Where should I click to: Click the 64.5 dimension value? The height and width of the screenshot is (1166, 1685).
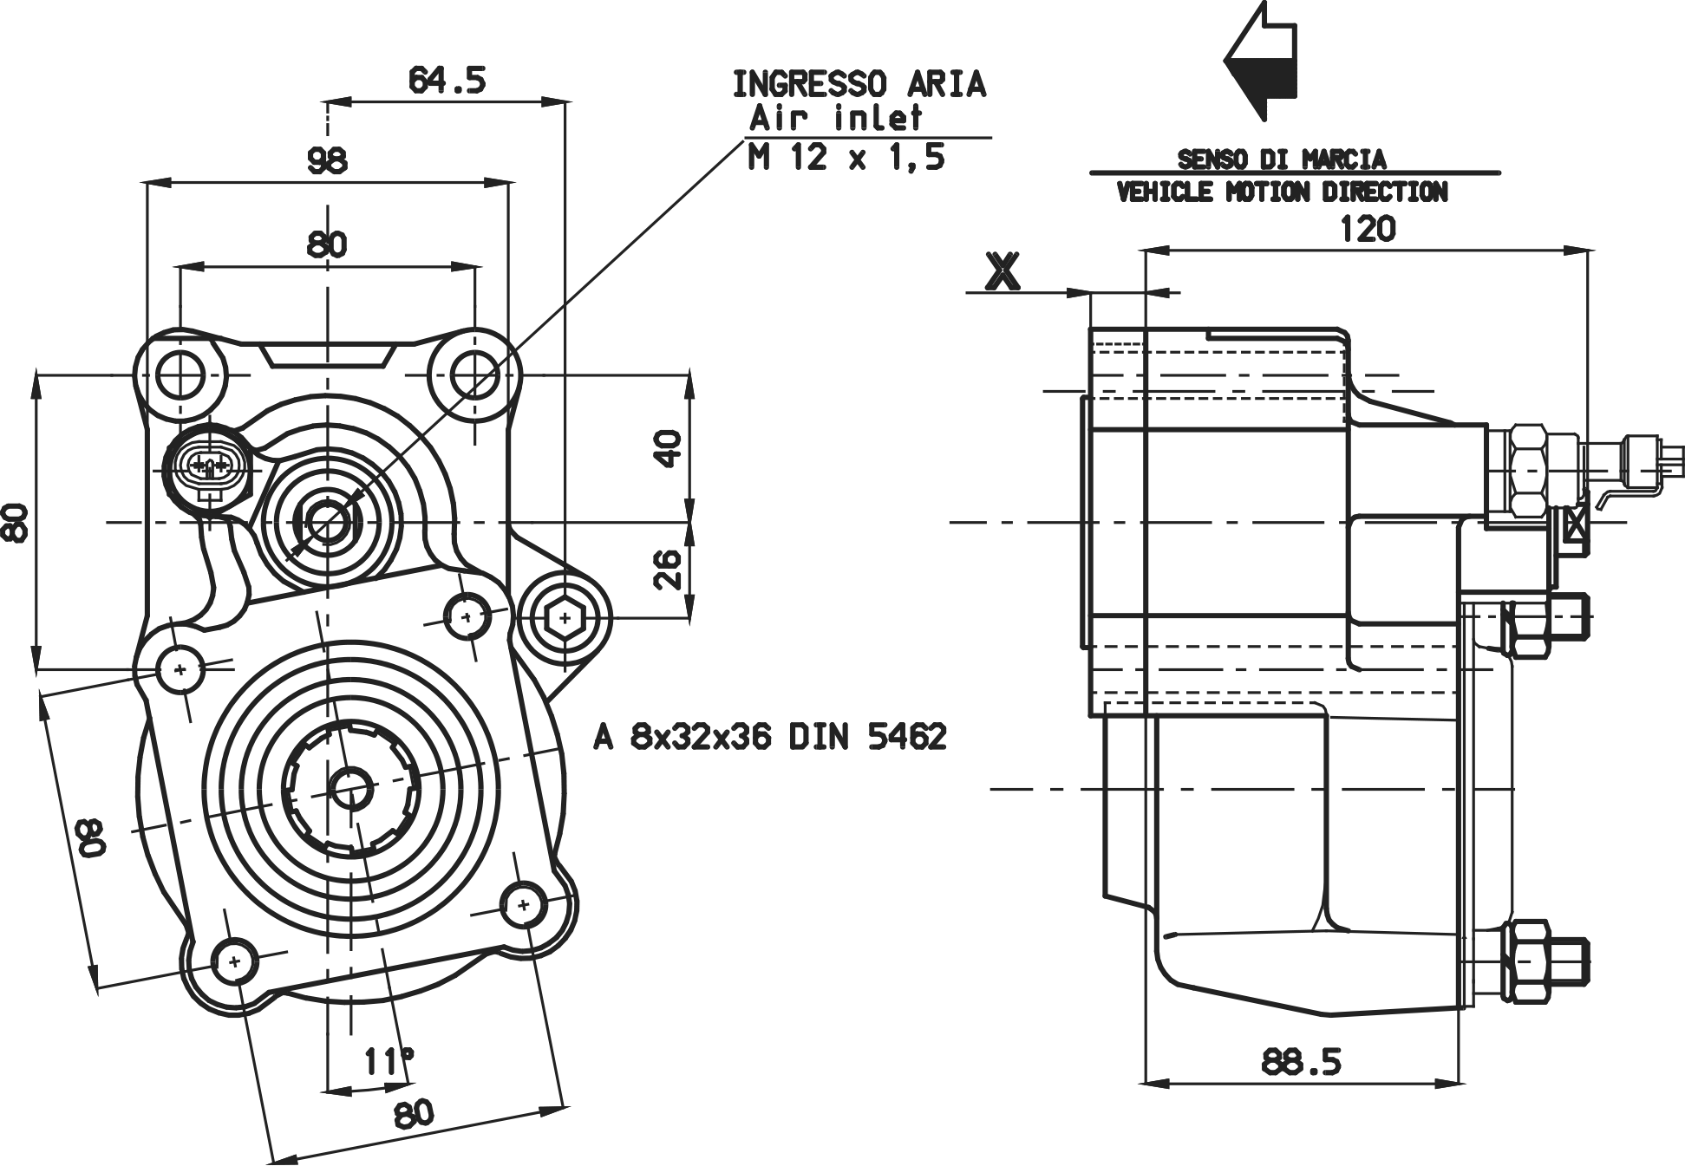[447, 81]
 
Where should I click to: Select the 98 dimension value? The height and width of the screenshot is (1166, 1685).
[327, 160]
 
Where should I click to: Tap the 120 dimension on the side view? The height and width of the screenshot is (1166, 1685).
[1368, 230]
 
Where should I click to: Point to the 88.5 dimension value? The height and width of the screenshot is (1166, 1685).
[1302, 1061]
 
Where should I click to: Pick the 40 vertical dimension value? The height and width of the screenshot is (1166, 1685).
[669, 448]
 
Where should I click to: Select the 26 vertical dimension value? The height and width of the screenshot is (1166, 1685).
[669, 569]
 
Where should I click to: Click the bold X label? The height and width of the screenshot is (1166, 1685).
[1003, 271]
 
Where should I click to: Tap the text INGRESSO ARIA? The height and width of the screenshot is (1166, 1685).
[859, 85]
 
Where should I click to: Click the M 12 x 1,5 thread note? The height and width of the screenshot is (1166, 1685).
[846, 158]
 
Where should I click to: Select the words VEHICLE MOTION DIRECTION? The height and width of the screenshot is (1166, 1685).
[1283, 192]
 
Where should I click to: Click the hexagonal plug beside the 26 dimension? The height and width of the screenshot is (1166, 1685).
[565, 618]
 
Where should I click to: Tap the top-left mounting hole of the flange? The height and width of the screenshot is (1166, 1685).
[180, 375]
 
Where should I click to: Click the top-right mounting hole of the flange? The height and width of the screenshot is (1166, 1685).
[474, 375]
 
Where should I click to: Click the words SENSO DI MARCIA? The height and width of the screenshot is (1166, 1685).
[1281, 160]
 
